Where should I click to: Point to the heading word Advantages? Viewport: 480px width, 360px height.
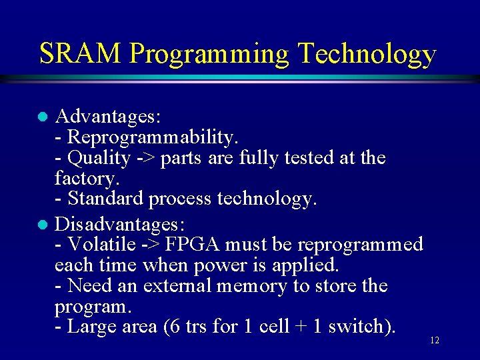pyautogui.click(x=107, y=117)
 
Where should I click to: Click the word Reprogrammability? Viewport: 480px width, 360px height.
pyautogui.click(x=152, y=137)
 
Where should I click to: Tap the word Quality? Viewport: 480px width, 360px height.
pyautogui.click(x=99, y=158)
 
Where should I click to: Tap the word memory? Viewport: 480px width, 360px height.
pyautogui.click(x=254, y=287)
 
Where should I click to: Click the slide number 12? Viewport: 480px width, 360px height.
pyautogui.click(x=434, y=341)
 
